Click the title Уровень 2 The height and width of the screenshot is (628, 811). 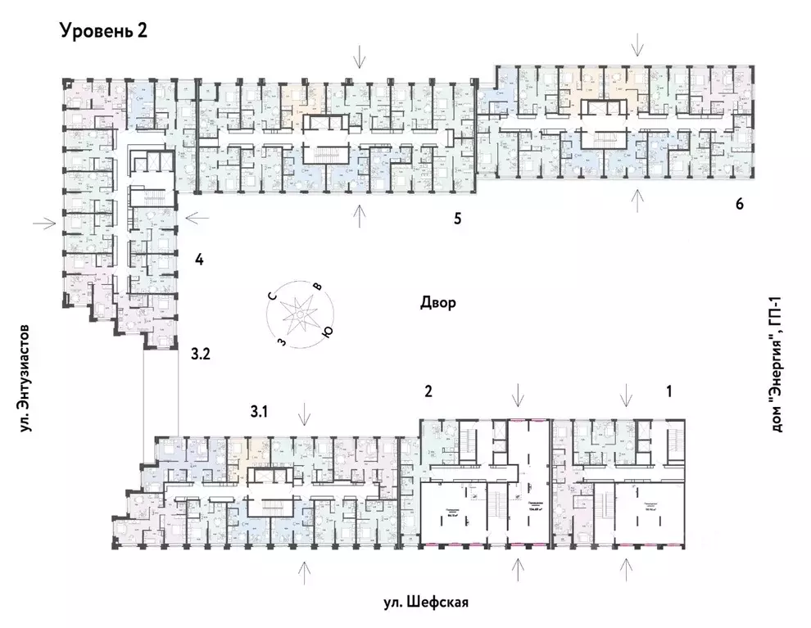pyautogui.click(x=102, y=32)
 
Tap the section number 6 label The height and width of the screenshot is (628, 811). pyautogui.click(x=739, y=204)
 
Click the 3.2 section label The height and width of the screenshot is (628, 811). pyautogui.click(x=201, y=355)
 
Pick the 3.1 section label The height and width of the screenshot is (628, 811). pyautogui.click(x=259, y=412)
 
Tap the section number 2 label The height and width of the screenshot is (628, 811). pyautogui.click(x=428, y=391)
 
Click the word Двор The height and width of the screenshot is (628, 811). pyautogui.click(x=437, y=302)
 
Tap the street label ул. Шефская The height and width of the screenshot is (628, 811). pyautogui.click(x=425, y=603)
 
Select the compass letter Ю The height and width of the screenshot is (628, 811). pyautogui.click(x=327, y=331)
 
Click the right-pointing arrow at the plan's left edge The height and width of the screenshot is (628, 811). pyautogui.click(x=44, y=221)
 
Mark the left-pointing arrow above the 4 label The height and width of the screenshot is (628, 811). pyautogui.click(x=198, y=218)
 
